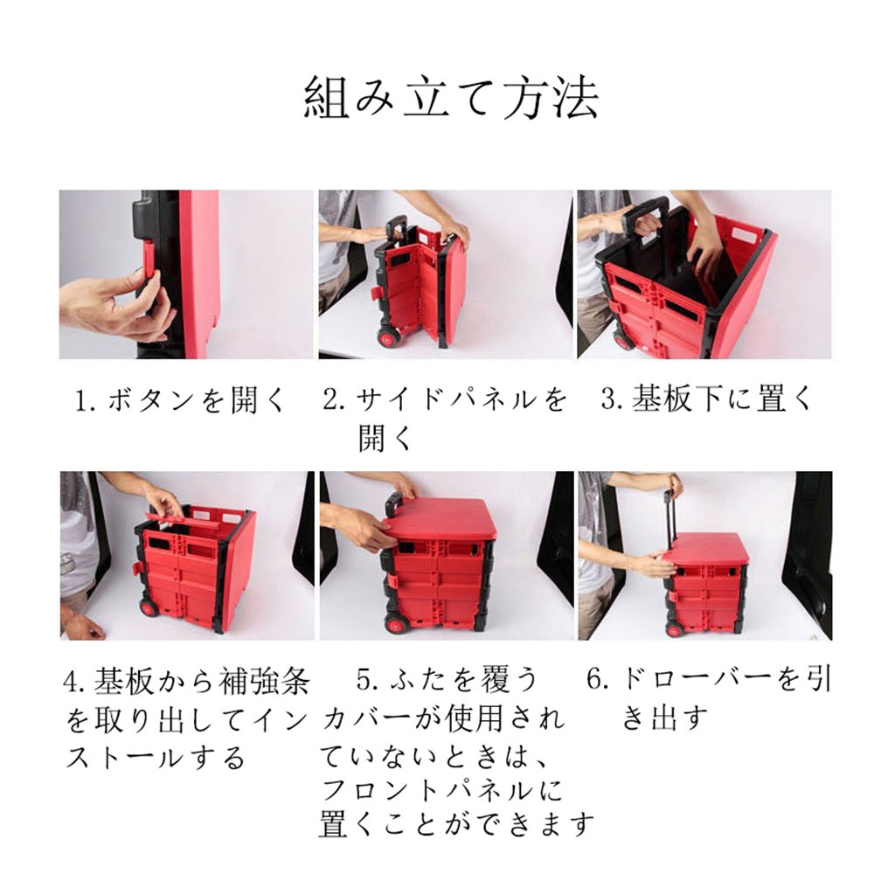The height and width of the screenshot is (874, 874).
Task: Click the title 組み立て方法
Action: (x=451, y=98)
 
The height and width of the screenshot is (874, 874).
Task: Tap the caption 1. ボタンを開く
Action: (x=180, y=399)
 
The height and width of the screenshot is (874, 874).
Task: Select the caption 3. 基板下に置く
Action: (x=706, y=399)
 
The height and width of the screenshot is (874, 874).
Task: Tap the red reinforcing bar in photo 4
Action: (x=183, y=517)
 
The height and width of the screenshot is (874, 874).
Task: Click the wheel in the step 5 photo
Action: (x=396, y=622)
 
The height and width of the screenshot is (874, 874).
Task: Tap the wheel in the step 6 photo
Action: (x=675, y=630)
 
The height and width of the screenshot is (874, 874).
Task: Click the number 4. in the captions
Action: (x=75, y=682)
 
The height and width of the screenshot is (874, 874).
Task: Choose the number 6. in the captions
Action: (x=598, y=680)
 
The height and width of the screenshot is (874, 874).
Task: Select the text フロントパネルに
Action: (x=442, y=791)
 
